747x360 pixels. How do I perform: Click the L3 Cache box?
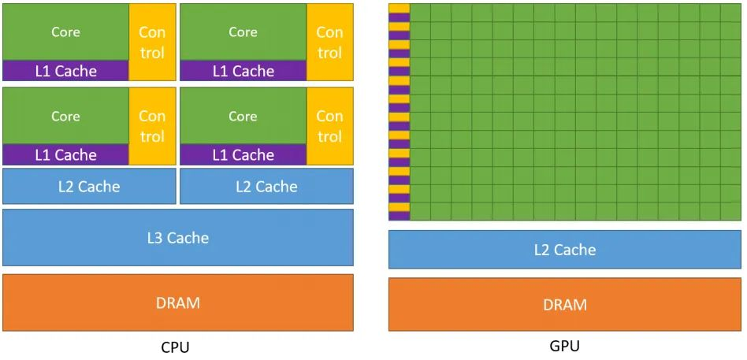click(x=177, y=237)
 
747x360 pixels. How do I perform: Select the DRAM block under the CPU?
click(x=177, y=302)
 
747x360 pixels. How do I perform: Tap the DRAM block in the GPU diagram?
click(x=565, y=304)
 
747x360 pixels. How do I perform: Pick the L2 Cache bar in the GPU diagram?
click(x=565, y=250)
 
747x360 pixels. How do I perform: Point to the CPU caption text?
click(x=175, y=347)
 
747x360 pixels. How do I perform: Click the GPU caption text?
click(x=564, y=346)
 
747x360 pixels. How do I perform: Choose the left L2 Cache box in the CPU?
click(x=89, y=187)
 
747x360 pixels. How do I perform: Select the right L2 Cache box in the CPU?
click(x=266, y=187)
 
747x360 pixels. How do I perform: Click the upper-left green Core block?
click(x=65, y=32)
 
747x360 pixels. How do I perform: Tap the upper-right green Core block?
click(x=243, y=32)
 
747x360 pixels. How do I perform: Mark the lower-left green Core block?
click(x=65, y=116)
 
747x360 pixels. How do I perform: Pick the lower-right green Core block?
click(x=243, y=116)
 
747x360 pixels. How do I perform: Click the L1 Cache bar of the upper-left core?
click(x=65, y=71)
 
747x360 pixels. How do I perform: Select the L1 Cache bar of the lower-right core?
click(x=243, y=155)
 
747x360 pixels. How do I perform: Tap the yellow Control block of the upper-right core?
click(x=329, y=43)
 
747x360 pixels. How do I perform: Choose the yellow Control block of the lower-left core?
click(x=152, y=126)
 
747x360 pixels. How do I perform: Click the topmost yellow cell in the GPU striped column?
click(x=400, y=7)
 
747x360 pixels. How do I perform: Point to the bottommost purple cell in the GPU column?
click(x=400, y=216)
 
